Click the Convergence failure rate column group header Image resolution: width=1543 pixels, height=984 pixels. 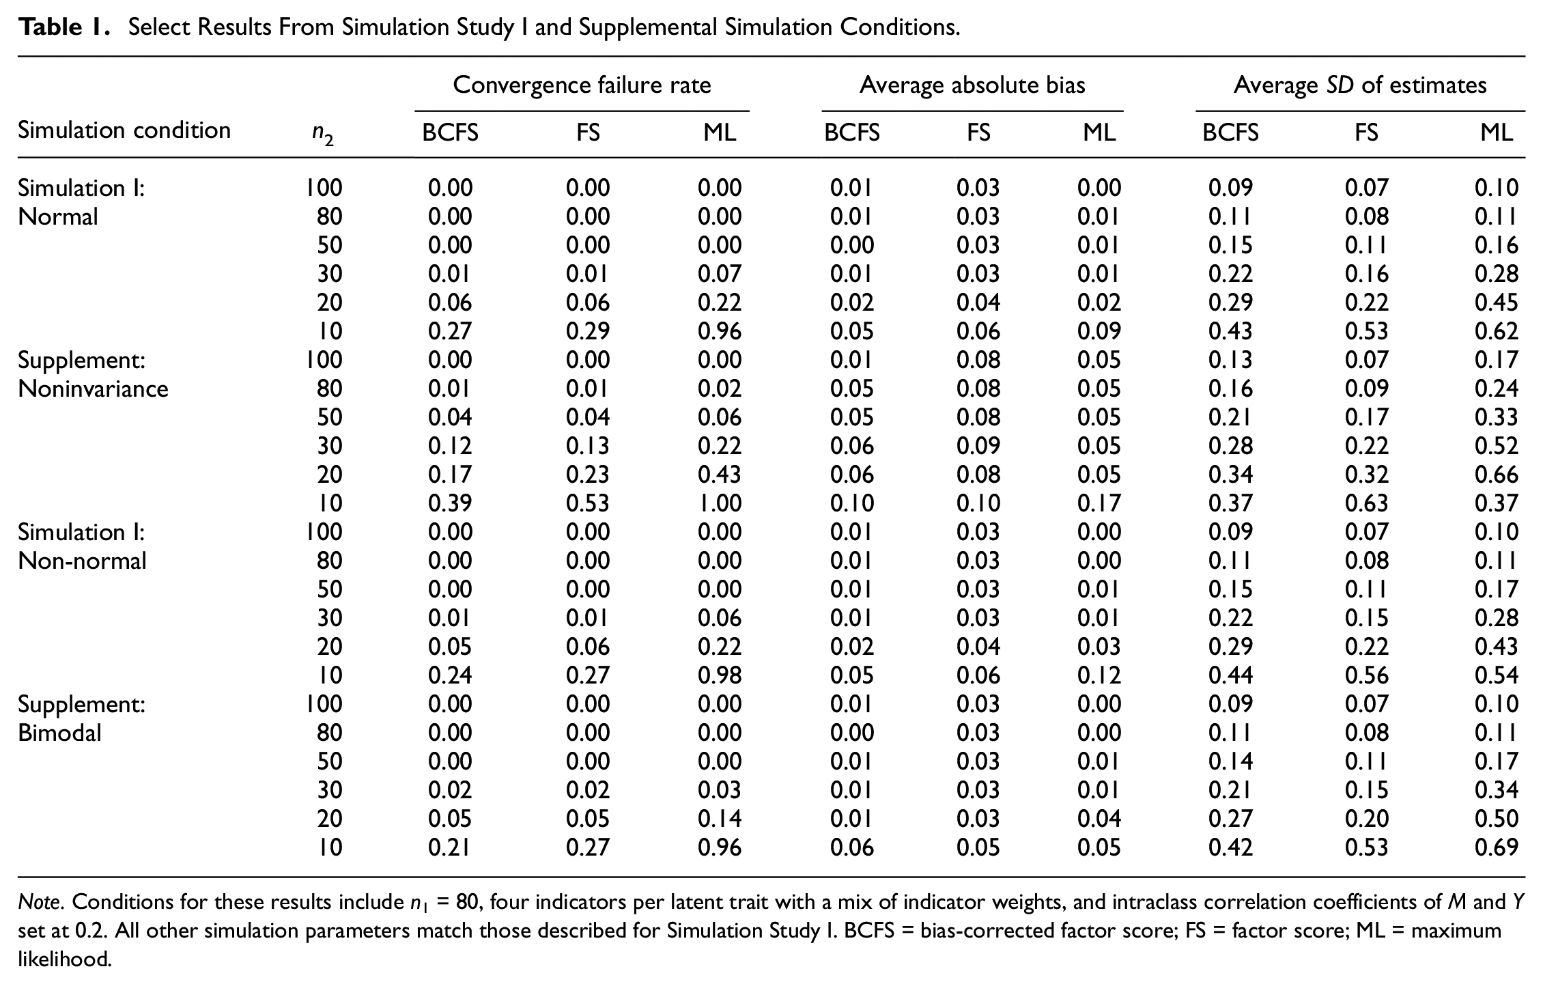tap(582, 85)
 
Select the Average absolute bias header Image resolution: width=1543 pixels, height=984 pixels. tap(972, 85)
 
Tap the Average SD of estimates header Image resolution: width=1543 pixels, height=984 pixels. tap(1360, 85)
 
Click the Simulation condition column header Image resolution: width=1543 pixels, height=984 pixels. tap(124, 130)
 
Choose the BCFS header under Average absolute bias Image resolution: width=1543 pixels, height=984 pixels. tap(852, 132)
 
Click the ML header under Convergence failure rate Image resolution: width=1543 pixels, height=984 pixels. tap(720, 132)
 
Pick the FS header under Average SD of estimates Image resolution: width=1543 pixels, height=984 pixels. tap(1366, 132)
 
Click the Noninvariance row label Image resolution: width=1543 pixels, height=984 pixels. tap(93, 389)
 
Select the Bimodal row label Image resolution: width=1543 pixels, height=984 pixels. tap(59, 733)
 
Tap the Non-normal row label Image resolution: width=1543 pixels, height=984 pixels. tap(82, 561)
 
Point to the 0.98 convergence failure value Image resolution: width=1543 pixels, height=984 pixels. tap(720, 675)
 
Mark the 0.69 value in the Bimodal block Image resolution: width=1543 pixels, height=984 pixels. tap(1497, 847)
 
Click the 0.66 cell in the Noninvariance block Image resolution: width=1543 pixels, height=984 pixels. tap(1497, 475)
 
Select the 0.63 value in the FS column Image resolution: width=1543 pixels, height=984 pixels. tap(1366, 503)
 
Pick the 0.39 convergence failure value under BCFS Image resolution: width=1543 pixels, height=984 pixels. tap(450, 503)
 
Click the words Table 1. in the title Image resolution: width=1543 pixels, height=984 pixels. tap(64, 27)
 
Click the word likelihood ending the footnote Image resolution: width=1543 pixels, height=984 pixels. tap(64, 959)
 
